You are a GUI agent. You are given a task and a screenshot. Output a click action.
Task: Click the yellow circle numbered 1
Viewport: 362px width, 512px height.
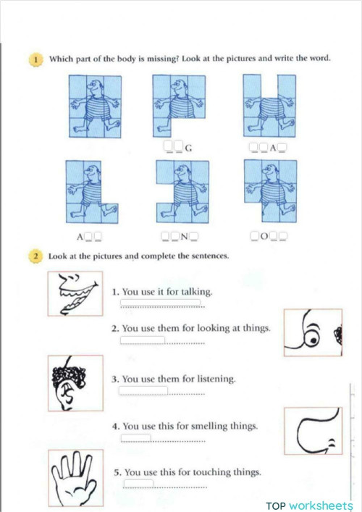click(x=35, y=59)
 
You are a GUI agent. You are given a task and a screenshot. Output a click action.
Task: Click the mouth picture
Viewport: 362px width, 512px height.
click(x=75, y=293)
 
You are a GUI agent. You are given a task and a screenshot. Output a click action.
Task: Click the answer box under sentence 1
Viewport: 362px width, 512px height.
click(x=161, y=303)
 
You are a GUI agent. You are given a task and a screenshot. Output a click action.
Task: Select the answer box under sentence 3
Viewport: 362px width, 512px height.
click(x=143, y=391)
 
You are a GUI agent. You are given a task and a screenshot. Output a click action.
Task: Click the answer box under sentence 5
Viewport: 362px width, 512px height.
click(x=138, y=484)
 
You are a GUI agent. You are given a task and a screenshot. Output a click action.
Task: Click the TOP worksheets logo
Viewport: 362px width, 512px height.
click(x=310, y=505)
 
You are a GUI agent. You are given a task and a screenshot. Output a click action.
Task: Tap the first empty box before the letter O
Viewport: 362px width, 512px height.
click(x=254, y=236)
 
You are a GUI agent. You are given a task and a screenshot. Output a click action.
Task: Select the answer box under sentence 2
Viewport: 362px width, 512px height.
click(x=143, y=340)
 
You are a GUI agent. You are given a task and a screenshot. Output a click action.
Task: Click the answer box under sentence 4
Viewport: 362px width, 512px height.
click(x=136, y=437)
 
